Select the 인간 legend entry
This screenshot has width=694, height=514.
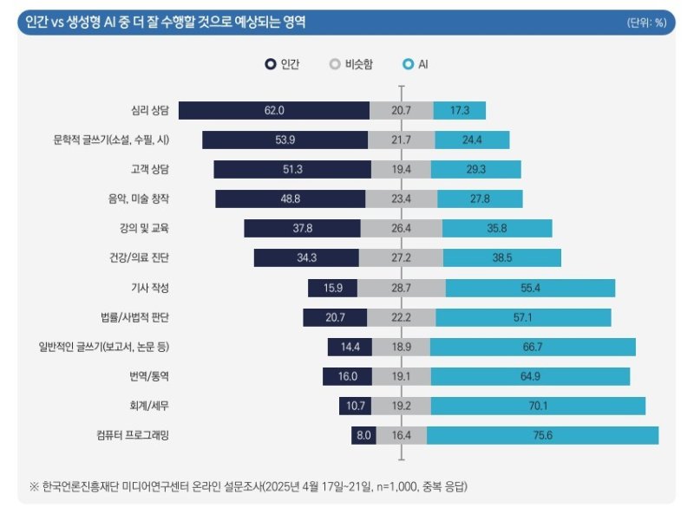tap(283, 64)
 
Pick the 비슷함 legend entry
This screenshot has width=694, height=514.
tap(351, 64)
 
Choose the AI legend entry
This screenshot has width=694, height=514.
tap(416, 64)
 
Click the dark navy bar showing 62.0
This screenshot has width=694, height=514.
tap(274, 110)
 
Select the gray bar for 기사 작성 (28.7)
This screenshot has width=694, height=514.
tap(401, 288)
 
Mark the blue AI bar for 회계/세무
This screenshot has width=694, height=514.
tap(539, 406)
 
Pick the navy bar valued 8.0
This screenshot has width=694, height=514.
tap(363, 435)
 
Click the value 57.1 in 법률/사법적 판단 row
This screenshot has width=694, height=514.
tap(522, 317)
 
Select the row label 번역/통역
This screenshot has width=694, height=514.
tap(148, 376)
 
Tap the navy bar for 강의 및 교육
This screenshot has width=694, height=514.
tap(302, 229)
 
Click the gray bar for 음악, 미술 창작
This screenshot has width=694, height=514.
tap(402, 199)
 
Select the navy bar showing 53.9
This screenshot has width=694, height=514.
tap(285, 140)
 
